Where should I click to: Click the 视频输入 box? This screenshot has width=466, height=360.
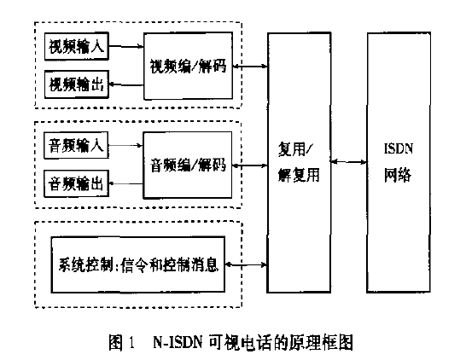[77, 47]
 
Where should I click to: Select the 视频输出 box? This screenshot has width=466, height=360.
[77, 84]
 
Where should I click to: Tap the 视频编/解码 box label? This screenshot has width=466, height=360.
[188, 66]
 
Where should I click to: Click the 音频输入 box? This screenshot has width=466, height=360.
[76, 146]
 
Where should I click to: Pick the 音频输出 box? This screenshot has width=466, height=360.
[76, 183]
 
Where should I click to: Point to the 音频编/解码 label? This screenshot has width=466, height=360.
[188, 165]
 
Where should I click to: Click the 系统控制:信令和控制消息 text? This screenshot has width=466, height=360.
[138, 264]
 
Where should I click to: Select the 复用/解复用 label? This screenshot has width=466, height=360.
[299, 162]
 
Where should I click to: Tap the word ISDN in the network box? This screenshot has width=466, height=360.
[399, 148]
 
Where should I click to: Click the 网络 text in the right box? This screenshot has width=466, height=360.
[398, 175]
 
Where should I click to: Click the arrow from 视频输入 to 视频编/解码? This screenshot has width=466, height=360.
[126, 46]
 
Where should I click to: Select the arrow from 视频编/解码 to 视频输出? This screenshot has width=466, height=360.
[126, 85]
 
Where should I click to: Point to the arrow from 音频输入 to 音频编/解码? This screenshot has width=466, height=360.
[126, 145]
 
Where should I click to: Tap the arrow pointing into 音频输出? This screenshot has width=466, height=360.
[126, 183]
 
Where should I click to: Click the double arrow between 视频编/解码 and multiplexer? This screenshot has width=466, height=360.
[250, 66]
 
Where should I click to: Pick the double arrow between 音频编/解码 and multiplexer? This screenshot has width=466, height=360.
[249, 165]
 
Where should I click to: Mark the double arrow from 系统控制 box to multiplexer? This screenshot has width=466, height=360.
[246, 264]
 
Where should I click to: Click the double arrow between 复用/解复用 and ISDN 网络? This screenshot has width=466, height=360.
[348, 162]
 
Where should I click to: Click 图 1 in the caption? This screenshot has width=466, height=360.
[122, 342]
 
